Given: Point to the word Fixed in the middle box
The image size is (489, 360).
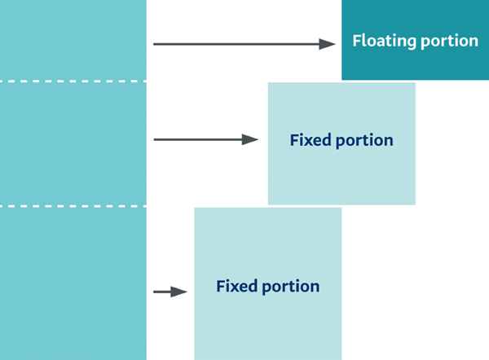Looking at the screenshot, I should pos(310,140).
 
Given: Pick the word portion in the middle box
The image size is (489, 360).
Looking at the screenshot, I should pos(365,141).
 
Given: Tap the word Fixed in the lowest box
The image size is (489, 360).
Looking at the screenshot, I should pos(236,287).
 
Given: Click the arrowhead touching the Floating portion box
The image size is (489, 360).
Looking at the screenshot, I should pos(328,44).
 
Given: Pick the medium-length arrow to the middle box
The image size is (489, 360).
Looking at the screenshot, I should pos(204,140).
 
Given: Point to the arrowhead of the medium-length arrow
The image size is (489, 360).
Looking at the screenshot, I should pos(251,140).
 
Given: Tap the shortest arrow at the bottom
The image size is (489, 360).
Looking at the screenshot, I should pos(170,292).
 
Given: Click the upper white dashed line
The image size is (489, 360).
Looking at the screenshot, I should pos(73,81).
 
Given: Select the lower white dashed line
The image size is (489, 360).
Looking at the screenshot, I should pos(73,207).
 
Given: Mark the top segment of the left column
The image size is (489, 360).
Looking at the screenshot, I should pos(73,41).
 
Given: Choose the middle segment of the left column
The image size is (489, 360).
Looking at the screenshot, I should pos(73,143).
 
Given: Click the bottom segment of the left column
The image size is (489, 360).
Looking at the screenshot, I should pos(73,283).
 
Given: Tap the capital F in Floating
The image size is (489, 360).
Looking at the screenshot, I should pos(356,41).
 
